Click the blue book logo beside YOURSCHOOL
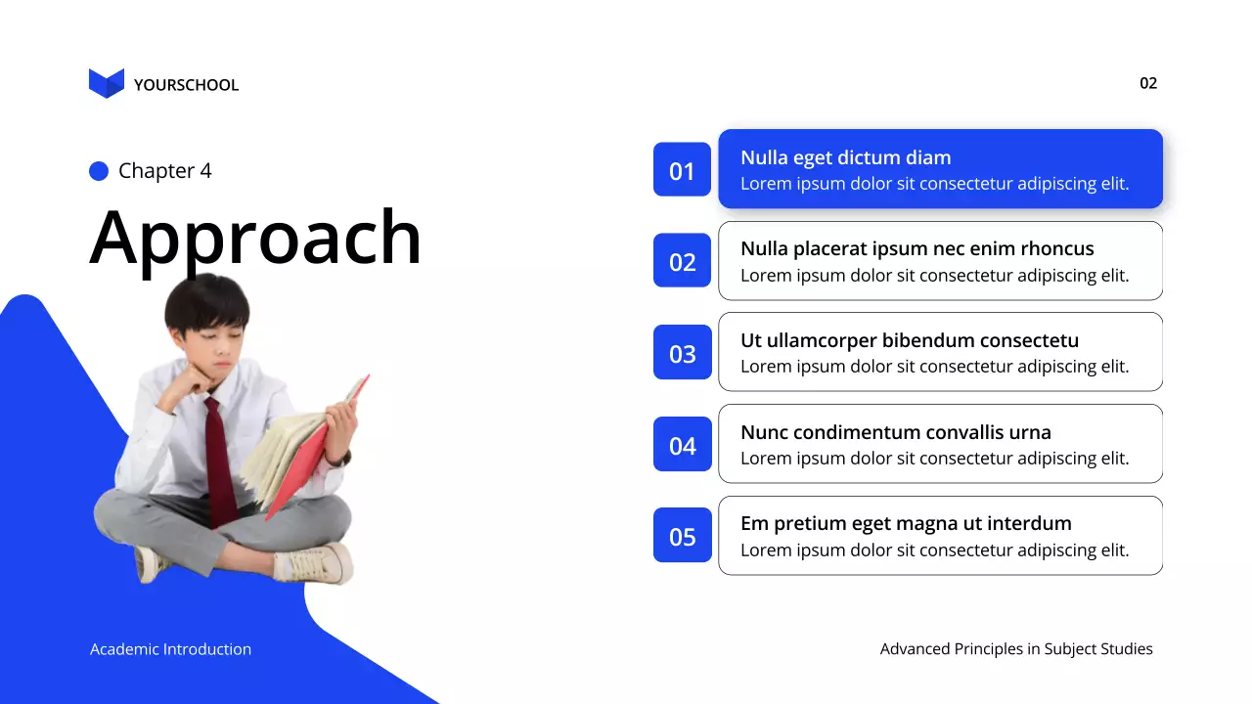pyautogui.click(x=107, y=83)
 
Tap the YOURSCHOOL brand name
pyautogui.click(x=186, y=85)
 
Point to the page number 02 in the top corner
pyautogui.click(x=1148, y=83)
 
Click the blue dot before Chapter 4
pyautogui.click(x=99, y=171)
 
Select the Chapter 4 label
pyautogui.click(x=164, y=171)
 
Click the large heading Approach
pyautogui.click(x=255, y=238)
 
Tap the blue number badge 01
pyautogui.click(x=682, y=170)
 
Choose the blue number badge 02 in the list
pyautogui.click(x=682, y=261)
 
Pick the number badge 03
pyautogui.click(x=682, y=353)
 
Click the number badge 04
pyautogui.click(x=682, y=445)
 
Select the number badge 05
pyautogui.click(x=682, y=536)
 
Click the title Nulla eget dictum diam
pyautogui.click(x=845, y=157)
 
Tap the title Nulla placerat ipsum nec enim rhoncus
pyautogui.click(x=917, y=248)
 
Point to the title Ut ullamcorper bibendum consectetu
pyautogui.click(x=909, y=340)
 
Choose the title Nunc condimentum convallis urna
pyautogui.click(x=895, y=432)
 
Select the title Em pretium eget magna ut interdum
pyautogui.click(x=906, y=523)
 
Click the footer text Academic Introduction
pyautogui.click(x=170, y=649)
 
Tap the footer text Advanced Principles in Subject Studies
pyautogui.click(x=1016, y=649)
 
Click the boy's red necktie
pyautogui.click(x=220, y=460)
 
